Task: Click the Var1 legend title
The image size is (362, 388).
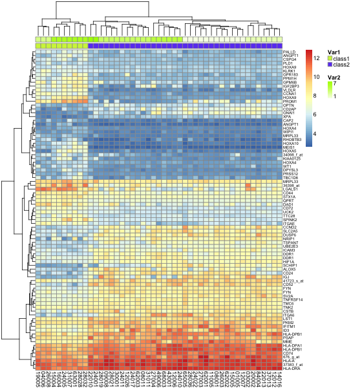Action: (334, 52)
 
